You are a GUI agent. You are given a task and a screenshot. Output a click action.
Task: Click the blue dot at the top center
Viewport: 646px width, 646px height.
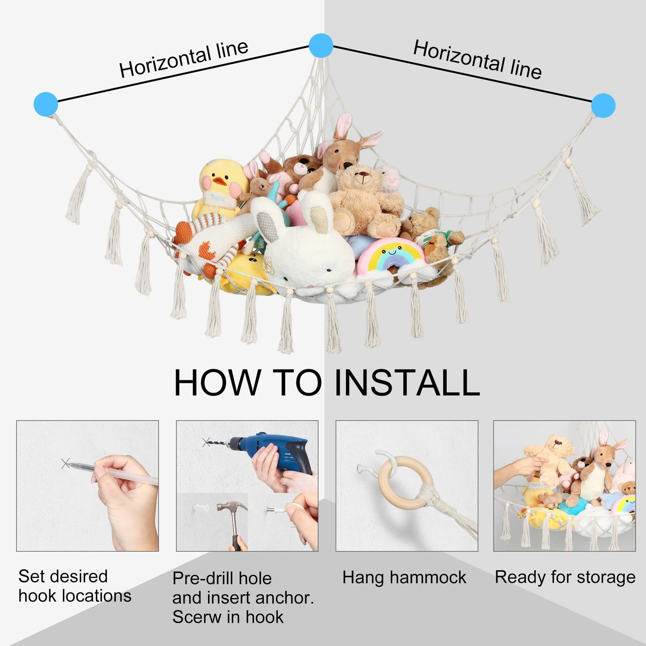321,46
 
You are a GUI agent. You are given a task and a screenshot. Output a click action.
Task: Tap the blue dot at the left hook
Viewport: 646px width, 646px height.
46,104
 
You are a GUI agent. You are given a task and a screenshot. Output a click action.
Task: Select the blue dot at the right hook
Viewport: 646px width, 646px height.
603,106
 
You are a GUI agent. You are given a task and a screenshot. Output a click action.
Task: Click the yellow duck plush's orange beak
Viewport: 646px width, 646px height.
220,182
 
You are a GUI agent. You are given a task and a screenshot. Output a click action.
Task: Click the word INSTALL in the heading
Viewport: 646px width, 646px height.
407,383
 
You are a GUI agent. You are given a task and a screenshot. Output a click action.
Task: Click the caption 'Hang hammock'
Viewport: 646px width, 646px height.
404,578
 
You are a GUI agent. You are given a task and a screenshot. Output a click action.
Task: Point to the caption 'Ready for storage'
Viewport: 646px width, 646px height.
565,578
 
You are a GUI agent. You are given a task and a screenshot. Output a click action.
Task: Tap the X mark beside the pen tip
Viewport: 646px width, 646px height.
65,464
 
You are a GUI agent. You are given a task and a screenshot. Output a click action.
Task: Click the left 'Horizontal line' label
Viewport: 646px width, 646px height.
184,59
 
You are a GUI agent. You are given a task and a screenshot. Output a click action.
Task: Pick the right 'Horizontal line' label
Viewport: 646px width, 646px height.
477,59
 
